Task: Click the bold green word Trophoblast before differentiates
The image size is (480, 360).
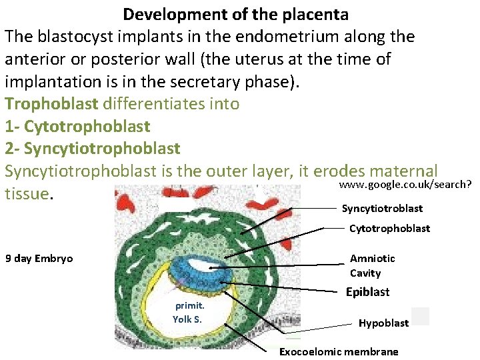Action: tap(51, 104)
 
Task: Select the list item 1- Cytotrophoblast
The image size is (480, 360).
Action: tap(77, 126)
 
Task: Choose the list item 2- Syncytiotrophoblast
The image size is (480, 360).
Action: tap(92, 148)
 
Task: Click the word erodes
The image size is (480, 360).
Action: tap(319, 171)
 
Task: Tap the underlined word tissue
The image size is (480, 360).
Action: tap(26, 193)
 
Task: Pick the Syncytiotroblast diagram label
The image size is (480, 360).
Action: tap(382, 209)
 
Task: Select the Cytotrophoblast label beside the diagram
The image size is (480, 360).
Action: tap(389, 229)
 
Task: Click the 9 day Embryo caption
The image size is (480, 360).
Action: tap(39, 259)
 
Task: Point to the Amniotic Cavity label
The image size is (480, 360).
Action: tap(372, 265)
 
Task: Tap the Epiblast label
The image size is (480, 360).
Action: tap(367, 292)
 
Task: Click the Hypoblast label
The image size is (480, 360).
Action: tap(383, 323)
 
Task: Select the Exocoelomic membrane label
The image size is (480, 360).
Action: tap(338, 351)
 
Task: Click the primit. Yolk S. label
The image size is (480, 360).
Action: tap(188, 312)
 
